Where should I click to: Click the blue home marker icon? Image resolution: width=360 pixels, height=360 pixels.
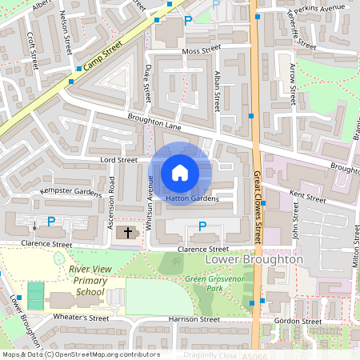(x=180, y=173)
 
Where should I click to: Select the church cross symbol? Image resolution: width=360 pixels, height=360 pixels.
(x=126, y=233)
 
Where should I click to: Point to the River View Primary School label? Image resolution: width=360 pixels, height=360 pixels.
(x=90, y=281)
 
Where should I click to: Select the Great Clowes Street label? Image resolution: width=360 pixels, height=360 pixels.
(x=258, y=210)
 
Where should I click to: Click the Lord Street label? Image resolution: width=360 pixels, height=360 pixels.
(x=118, y=160)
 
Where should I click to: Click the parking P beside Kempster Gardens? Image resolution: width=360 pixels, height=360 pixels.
(x=51, y=221)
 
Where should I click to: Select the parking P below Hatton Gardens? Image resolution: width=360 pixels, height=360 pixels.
(x=201, y=226)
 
